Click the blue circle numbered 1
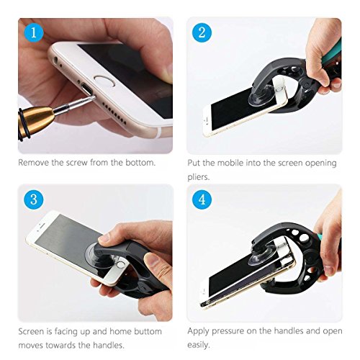tap(34, 32)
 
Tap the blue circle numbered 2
tap(202, 32)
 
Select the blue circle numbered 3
tap(34, 199)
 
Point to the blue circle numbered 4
tap(202, 199)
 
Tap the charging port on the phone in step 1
tap(87, 89)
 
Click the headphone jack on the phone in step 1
tap(56, 60)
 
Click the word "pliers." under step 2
tap(199, 177)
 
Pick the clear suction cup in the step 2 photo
tap(261, 96)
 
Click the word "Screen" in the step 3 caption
tap(32, 331)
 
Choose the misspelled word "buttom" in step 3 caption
tap(148, 331)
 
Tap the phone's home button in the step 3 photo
tap(121, 265)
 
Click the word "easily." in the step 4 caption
tap(199, 345)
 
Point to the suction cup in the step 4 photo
tap(260, 256)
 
